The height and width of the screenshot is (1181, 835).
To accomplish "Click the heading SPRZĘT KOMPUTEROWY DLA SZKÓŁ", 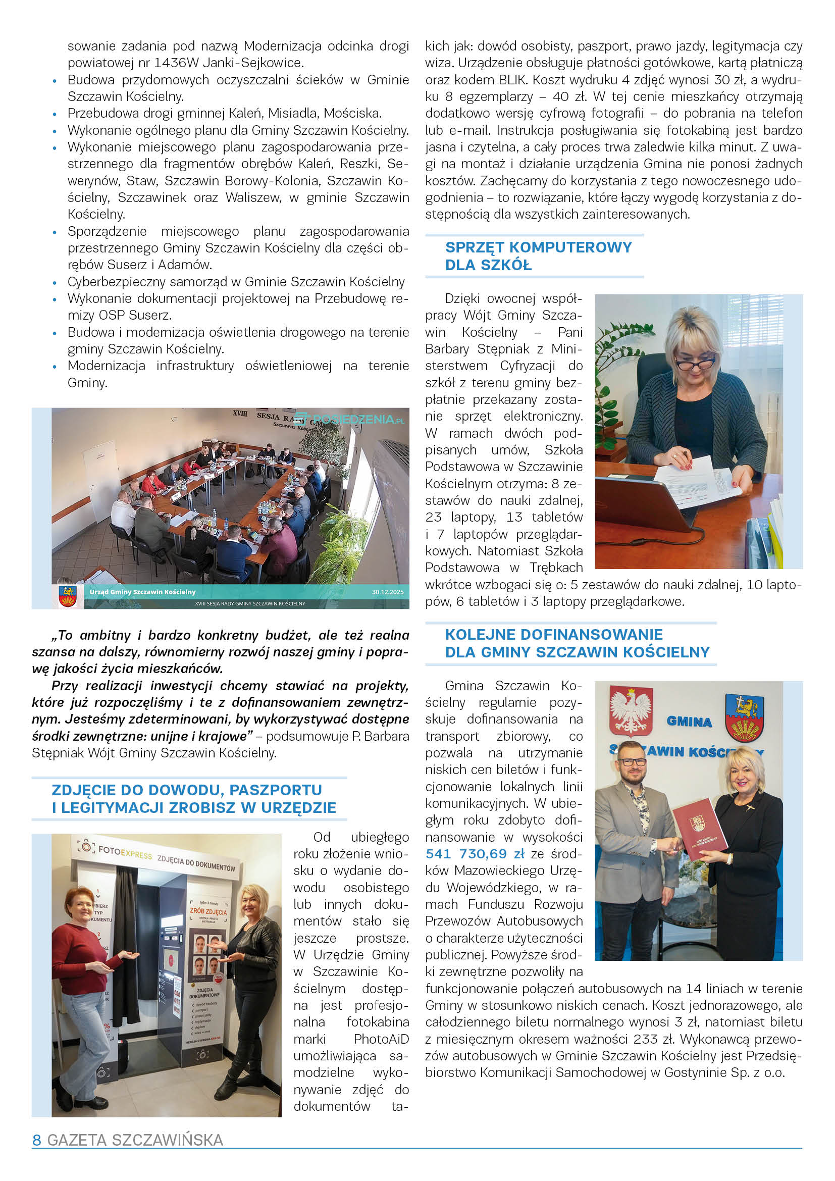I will tap(538, 256).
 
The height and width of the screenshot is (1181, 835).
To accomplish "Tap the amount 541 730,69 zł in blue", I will tap(475, 854).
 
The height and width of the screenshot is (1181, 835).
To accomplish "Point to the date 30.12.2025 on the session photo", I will tap(388, 592).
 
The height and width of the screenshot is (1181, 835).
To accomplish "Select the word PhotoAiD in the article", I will tap(381, 1039).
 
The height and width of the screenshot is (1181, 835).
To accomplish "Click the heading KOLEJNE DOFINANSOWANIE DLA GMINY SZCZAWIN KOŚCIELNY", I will tap(577, 643).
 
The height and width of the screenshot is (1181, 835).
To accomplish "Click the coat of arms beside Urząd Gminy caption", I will tap(67, 596).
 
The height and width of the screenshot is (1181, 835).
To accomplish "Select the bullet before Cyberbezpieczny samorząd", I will tap(55, 282).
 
